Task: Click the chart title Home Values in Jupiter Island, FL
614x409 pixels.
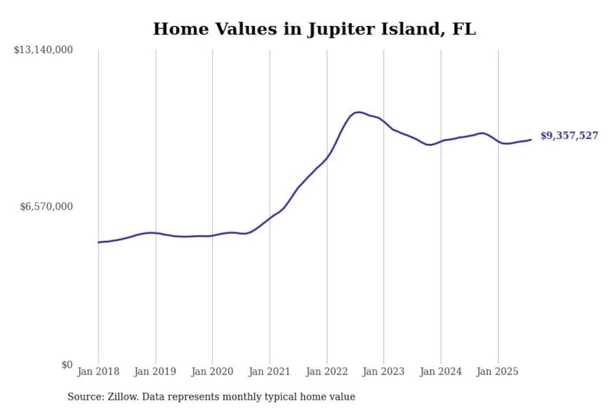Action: (x=314, y=29)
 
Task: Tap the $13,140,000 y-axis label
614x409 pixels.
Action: (x=43, y=50)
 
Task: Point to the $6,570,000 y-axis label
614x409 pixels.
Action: (x=46, y=207)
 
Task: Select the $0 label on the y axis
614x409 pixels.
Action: (x=67, y=365)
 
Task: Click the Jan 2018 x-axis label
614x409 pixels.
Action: (x=98, y=372)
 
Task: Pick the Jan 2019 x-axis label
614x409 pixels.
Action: (x=155, y=372)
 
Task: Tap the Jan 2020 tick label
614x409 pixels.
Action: (x=212, y=372)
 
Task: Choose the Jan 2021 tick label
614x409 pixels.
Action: (x=269, y=372)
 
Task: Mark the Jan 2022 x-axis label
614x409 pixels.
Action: (x=327, y=372)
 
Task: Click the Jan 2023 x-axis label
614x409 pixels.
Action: (x=383, y=372)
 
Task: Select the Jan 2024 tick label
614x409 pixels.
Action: (x=440, y=372)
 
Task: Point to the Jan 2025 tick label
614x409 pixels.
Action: (x=497, y=372)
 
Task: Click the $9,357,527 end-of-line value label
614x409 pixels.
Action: (x=569, y=135)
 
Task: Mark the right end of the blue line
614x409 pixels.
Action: (x=531, y=139)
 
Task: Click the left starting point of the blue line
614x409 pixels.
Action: (x=98, y=242)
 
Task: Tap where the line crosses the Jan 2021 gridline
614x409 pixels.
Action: (x=269, y=219)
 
